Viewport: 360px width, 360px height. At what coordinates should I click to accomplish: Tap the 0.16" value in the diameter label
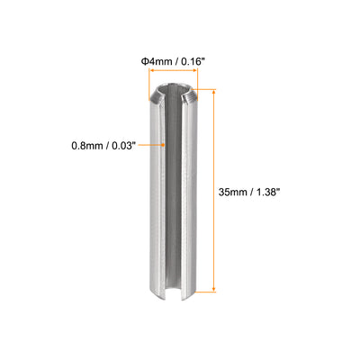pos(193,61)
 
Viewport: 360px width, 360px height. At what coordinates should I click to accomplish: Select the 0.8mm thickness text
pos(86,146)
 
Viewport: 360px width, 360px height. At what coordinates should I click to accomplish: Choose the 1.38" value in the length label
pos(266,192)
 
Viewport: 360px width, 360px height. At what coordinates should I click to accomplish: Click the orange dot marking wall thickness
pos(163,145)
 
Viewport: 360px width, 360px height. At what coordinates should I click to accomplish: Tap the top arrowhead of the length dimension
pos(213,91)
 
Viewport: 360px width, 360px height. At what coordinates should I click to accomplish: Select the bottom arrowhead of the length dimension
pos(213,289)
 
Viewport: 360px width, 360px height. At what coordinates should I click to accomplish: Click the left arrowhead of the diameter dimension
pos(152,71)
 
